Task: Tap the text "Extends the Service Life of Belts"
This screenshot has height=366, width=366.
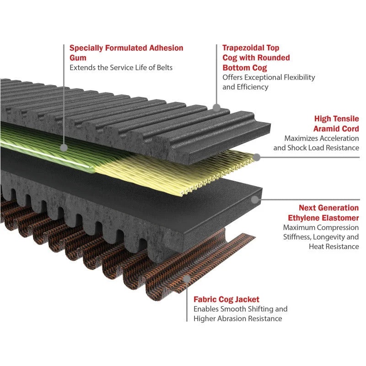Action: point(121,68)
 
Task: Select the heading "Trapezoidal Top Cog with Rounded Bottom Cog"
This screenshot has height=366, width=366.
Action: point(256,58)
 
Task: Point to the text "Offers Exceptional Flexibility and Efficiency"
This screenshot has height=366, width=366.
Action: point(269,82)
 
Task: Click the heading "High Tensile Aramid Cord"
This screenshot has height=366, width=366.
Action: point(336,124)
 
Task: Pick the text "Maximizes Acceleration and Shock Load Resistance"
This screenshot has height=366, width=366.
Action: point(316,143)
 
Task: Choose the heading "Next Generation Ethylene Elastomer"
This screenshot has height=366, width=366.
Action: point(323,212)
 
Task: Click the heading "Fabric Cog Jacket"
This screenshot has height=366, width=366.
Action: point(226,299)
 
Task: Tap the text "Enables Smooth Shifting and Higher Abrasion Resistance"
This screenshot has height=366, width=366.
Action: point(240,314)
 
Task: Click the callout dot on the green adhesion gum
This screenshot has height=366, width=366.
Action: point(65,148)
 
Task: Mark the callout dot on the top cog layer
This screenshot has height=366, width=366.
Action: point(217,108)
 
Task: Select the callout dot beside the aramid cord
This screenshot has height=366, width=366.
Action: point(257,157)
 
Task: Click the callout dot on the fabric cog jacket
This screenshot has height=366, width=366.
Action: point(187,279)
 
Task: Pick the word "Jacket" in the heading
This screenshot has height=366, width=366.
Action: point(247,299)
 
